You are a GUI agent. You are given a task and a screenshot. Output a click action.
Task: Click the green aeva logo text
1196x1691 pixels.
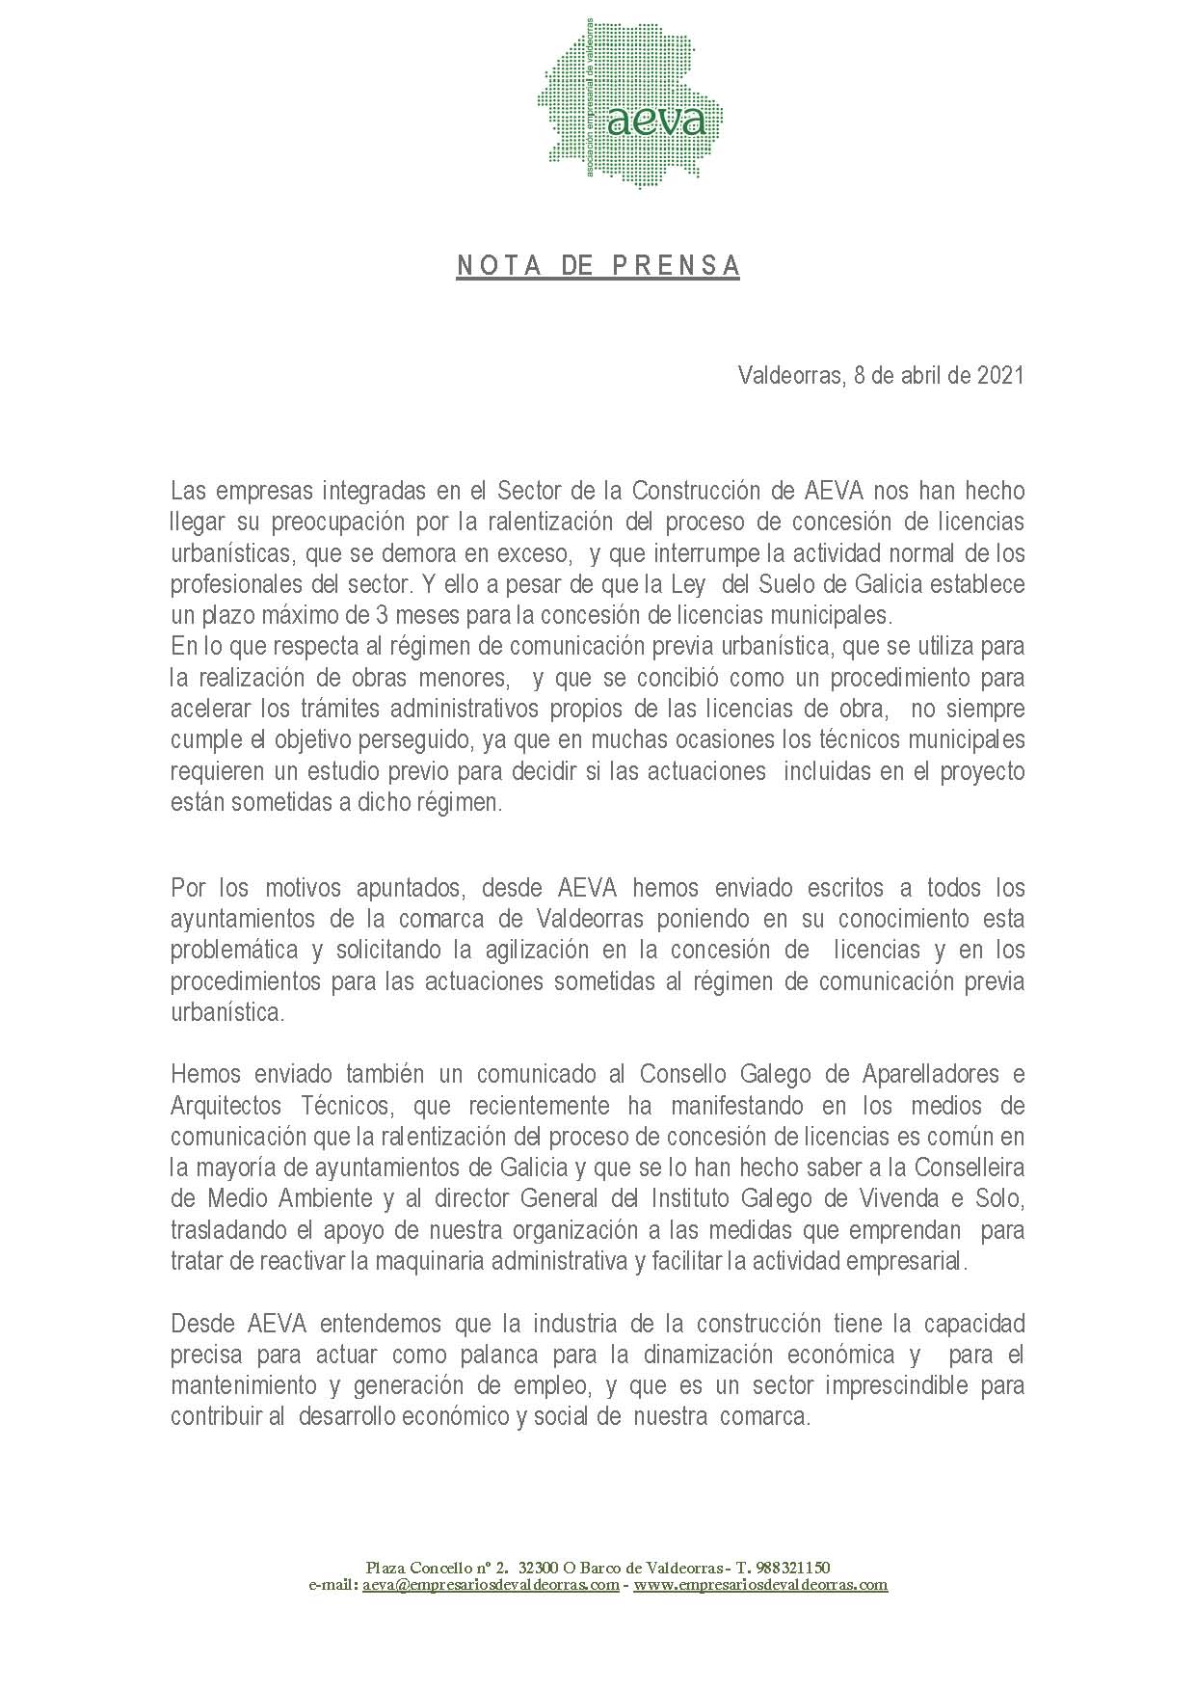pyautogui.click(x=657, y=121)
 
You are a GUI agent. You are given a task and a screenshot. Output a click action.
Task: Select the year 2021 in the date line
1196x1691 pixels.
pyautogui.click(x=1000, y=375)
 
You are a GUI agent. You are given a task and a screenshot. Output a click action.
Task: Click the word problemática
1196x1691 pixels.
pyautogui.click(x=234, y=950)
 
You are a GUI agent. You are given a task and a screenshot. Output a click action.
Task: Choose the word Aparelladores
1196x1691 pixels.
pyautogui.click(x=929, y=1074)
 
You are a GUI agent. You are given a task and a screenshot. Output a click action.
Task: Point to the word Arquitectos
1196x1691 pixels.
pyautogui.click(x=225, y=1105)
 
